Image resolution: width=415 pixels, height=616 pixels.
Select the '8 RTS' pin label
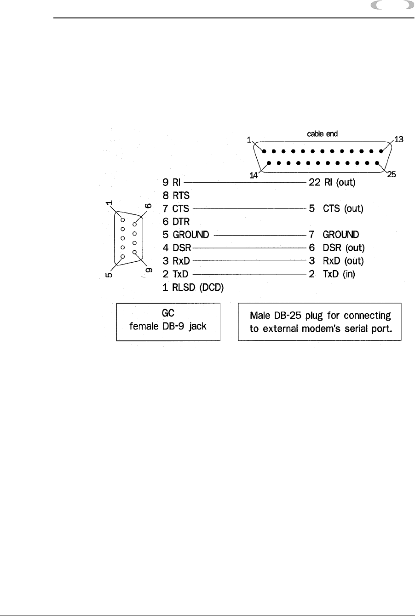pos(176,196)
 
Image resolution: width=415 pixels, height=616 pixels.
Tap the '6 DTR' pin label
pos(176,222)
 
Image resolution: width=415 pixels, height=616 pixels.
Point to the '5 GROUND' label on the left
pos(186,235)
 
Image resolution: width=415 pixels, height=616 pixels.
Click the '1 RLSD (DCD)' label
pos(193,288)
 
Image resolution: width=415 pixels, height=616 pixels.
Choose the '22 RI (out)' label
pos(332,182)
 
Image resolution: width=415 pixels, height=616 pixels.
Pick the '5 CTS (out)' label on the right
pos(336,209)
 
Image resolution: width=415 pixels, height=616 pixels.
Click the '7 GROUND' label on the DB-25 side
pos(334,235)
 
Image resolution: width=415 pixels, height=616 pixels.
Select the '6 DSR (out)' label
pos(336,248)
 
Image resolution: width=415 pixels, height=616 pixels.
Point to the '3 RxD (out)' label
pos(336,261)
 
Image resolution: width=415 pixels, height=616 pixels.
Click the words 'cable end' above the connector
pos(322,134)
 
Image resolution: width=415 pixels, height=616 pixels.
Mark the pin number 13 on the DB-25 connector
pos(399,139)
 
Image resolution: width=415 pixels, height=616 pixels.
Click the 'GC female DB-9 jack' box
pos(168,322)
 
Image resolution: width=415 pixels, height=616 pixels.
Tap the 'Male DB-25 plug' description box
pos(320,322)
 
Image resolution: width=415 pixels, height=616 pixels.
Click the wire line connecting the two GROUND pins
pos(260,235)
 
